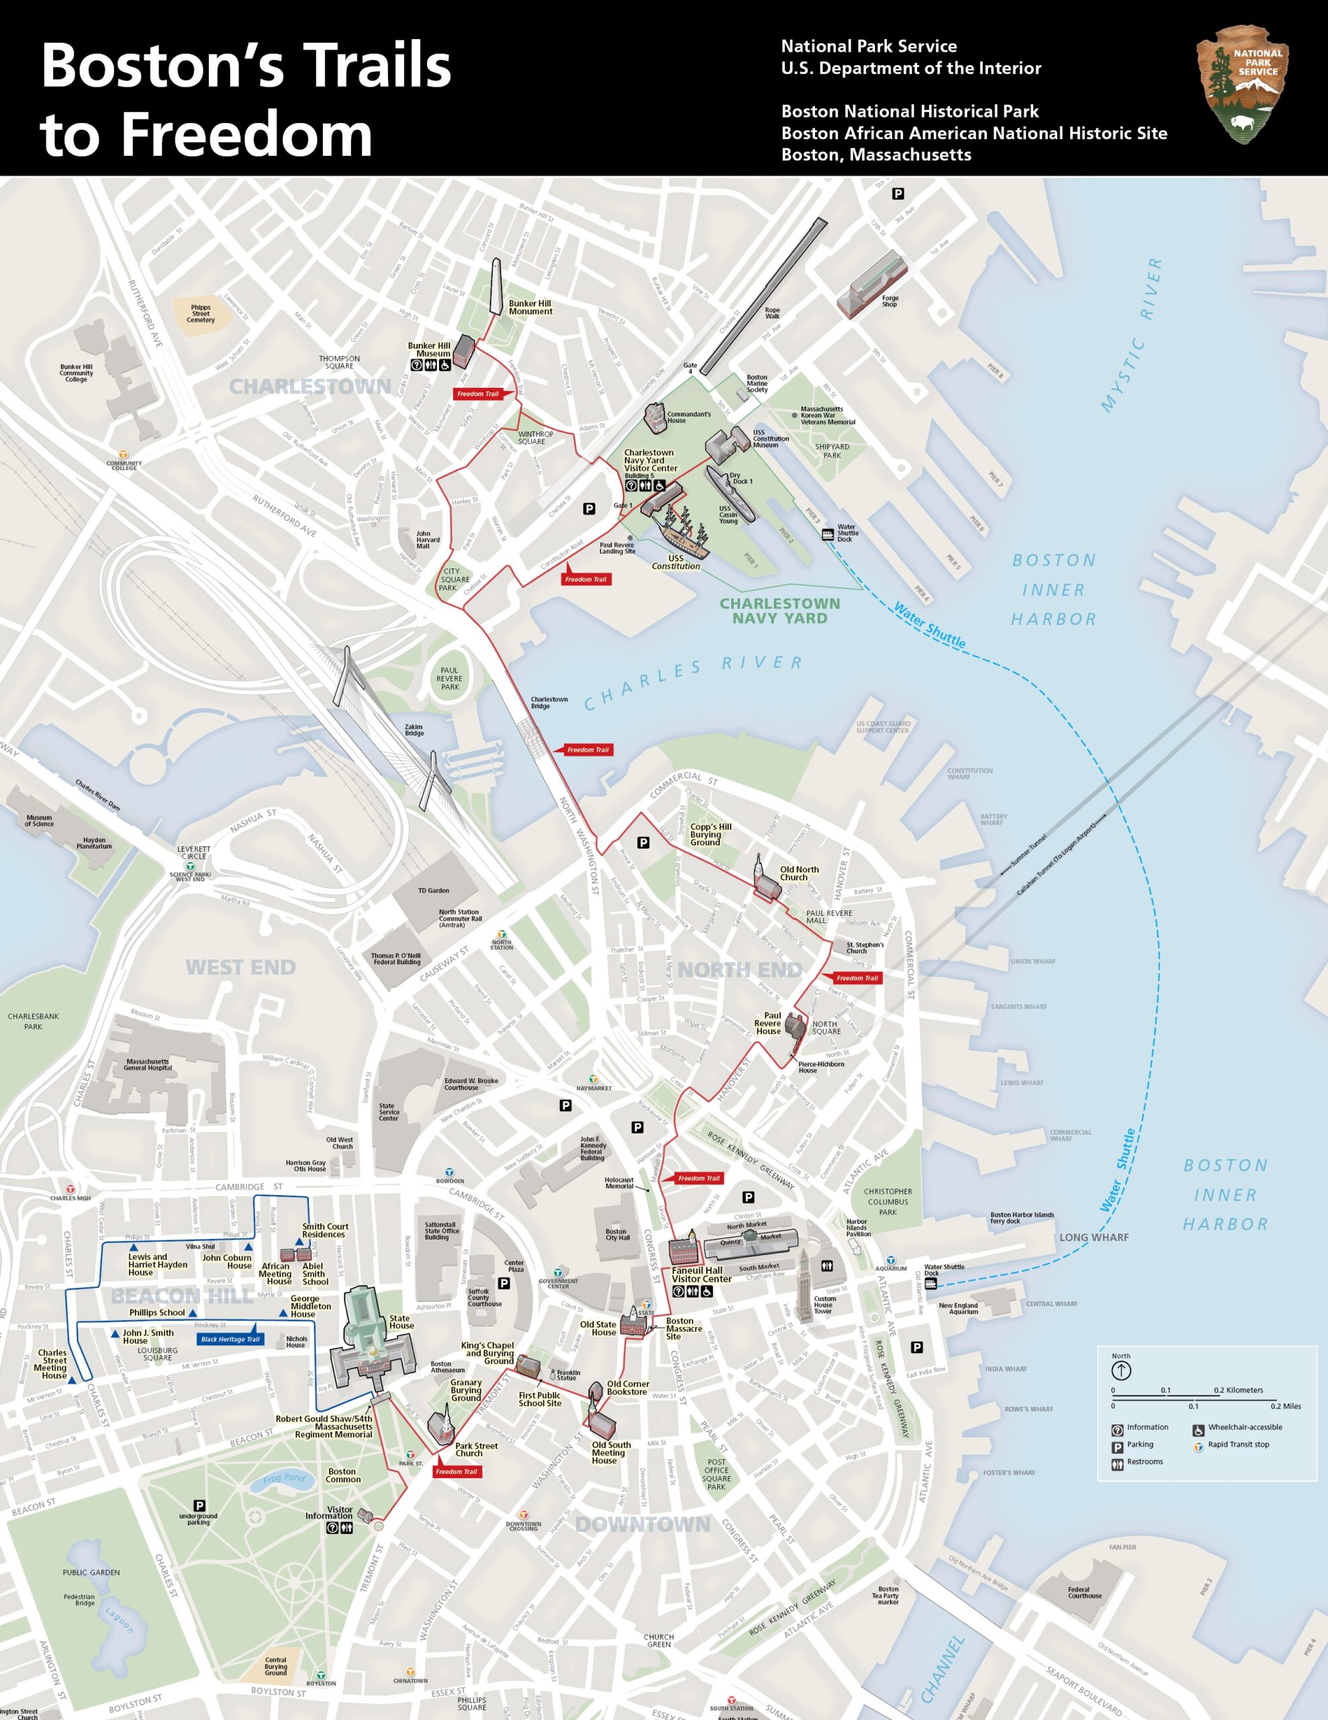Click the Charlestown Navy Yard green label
[x=779, y=610]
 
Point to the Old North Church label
[x=798, y=873]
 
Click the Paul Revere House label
[x=767, y=1023]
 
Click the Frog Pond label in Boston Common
[x=283, y=1478]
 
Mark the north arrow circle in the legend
[x=1121, y=1371]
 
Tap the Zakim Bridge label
[x=414, y=730]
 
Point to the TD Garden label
[x=433, y=891]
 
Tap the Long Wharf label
[x=1094, y=1237]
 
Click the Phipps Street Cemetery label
[x=201, y=314]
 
